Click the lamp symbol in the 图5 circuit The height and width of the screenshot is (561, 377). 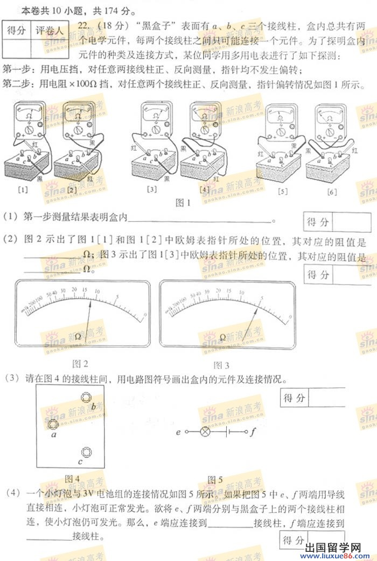coord(205,432)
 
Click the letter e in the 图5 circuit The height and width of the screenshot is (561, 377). coord(178,432)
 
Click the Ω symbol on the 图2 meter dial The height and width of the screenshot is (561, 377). coord(79,336)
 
